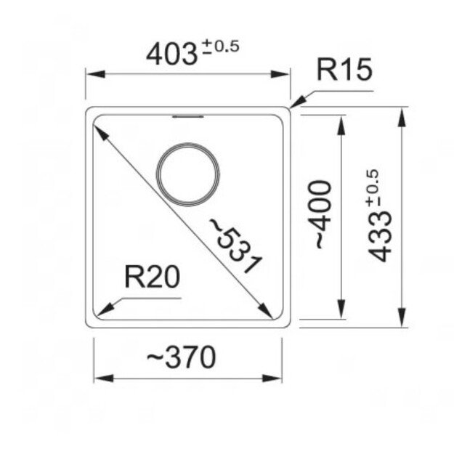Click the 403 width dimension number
pyautogui.click(x=171, y=53)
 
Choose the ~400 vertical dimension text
pyautogui.click(x=322, y=215)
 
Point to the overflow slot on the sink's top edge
pyautogui.click(x=188, y=115)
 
